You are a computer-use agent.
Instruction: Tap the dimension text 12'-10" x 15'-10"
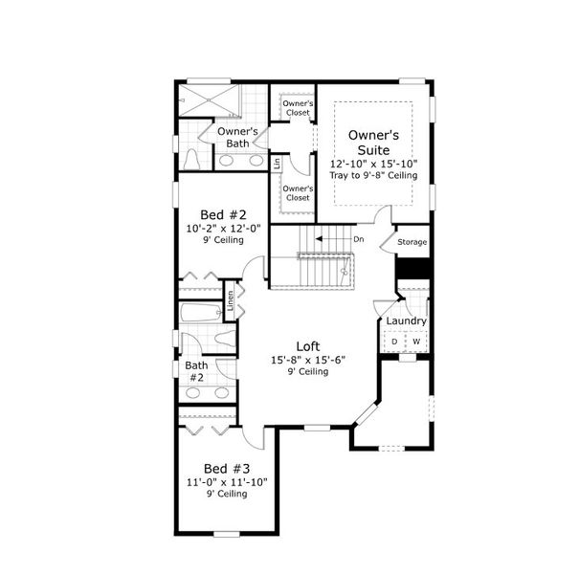coord(374,164)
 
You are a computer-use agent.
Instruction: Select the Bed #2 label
coord(223,214)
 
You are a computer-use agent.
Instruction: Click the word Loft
coord(307,346)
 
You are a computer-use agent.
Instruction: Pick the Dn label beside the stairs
coord(358,239)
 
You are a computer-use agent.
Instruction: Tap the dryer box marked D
coord(393,342)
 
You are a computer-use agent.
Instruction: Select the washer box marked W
coord(416,342)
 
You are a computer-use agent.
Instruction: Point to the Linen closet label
coord(230,299)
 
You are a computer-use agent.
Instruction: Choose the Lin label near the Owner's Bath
coord(278,164)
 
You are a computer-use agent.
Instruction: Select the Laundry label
coord(407,320)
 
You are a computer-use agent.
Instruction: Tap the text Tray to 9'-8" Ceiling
coord(374,176)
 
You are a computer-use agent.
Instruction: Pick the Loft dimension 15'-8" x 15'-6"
coord(307,359)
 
